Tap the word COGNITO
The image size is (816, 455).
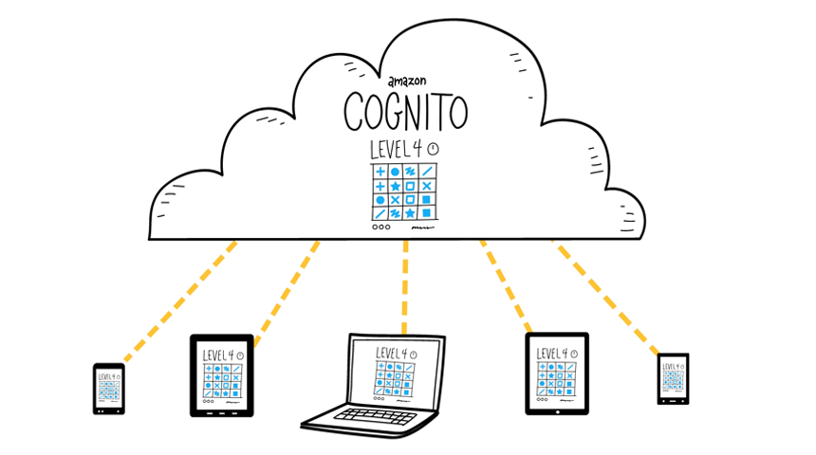(405, 112)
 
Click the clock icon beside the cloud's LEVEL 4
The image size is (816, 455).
(434, 150)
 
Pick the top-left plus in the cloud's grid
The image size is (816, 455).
(380, 172)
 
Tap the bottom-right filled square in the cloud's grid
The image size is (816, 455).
(427, 213)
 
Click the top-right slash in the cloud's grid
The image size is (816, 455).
(427, 172)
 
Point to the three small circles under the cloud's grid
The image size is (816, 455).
(380, 227)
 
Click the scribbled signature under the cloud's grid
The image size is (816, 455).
(419, 228)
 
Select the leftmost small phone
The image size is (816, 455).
(108, 388)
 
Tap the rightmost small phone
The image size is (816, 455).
(673, 379)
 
